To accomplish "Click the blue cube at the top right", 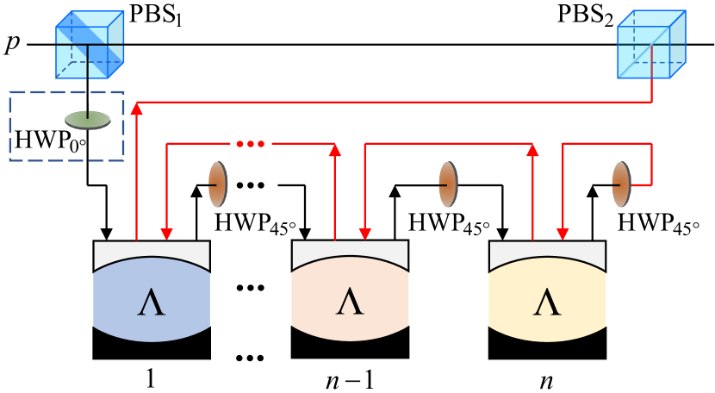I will tap(651, 46).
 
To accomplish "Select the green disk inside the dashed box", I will tap(88, 119).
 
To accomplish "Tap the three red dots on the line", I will tap(251, 144).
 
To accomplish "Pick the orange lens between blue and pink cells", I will tap(218, 184).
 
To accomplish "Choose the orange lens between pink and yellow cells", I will tap(448, 184).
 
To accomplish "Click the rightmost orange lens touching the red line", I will tap(621, 184).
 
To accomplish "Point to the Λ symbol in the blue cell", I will tap(152, 303).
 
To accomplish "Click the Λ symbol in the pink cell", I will tap(350, 303).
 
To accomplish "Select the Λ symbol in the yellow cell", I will tap(547, 303).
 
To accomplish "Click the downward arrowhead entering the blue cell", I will tap(167, 234).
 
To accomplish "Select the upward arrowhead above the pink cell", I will tap(335, 150).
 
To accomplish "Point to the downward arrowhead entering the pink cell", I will tap(365, 234).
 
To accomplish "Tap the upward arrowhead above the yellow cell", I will tap(532, 150).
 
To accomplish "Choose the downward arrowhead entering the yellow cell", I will tap(563, 234).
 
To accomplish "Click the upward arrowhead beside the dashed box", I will tap(136, 108).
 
